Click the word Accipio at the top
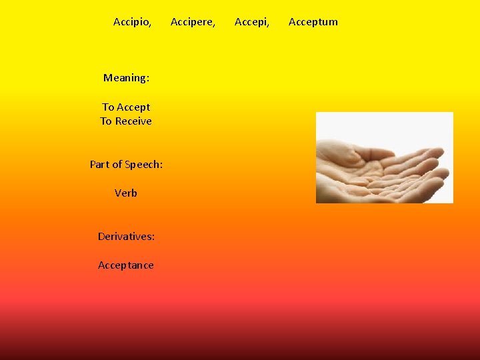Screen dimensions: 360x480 [131, 22]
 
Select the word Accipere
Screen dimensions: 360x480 [192, 22]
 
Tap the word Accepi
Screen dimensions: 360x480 [251, 22]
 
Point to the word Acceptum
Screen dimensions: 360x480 [313, 22]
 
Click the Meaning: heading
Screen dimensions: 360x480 [126, 78]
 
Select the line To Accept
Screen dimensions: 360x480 [126, 107]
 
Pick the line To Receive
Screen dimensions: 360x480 [126, 121]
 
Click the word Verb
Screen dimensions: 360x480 [126, 193]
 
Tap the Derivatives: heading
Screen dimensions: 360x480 [126, 237]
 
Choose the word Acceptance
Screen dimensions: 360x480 [126, 265]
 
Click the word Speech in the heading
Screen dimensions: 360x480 [143, 165]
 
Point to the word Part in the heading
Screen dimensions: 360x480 [99, 164]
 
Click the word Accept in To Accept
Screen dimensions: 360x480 [134, 107]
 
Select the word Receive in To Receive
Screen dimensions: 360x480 [133, 121]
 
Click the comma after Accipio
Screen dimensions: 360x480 [150, 25]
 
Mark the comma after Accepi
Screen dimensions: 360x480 [268, 25]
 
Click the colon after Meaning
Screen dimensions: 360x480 [147, 79]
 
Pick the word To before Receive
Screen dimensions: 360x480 [106, 121]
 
